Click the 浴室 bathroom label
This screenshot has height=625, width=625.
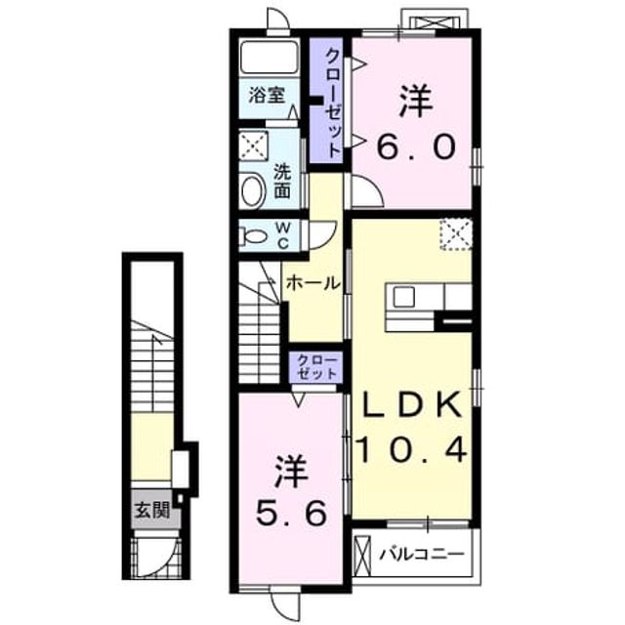click(267, 96)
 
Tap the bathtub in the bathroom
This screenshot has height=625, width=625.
click(270, 57)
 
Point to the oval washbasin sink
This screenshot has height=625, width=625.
click(254, 191)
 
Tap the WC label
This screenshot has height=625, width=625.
click(283, 236)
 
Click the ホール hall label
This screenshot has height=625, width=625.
click(312, 283)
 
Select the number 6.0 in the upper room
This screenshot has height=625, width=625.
click(416, 146)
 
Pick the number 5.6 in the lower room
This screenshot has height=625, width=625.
click(291, 513)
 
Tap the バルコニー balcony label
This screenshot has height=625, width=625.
click(422, 554)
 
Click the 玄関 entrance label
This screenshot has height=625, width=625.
click(152, 510)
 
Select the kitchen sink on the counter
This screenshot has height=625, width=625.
click(403, 297)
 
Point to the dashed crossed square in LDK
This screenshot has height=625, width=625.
click(456, 234)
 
